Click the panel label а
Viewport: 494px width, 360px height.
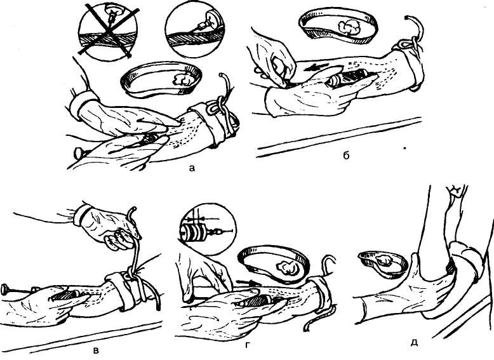pos(192,169)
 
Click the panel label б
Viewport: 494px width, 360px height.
pos(346,155)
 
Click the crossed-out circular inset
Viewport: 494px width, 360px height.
pos(108,32)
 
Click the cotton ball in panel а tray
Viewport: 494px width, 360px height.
pos(183,79)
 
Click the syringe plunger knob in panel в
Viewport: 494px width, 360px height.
pos(5,290)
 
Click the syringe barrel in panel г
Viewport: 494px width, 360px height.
pos(255,302)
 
